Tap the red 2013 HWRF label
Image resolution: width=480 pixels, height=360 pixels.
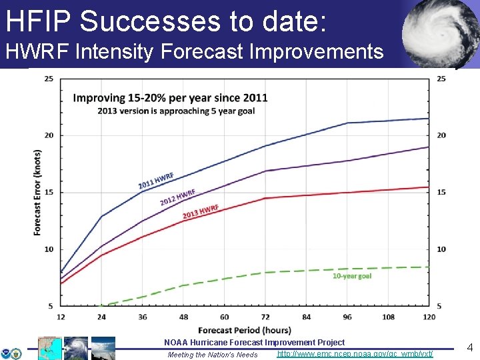click(x=201, y=212)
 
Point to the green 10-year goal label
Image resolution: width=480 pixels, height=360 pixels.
click(x=352, y=275)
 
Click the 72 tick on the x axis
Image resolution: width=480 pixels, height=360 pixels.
click(x=265, y=317)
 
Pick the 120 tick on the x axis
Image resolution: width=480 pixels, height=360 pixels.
click(x=429, y=317)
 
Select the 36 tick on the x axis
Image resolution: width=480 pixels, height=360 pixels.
click(x=143, y=317)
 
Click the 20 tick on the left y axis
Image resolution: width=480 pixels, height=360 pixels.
click(x=49, y=135)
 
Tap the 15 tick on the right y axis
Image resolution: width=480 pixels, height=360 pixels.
click(x=441, y=192)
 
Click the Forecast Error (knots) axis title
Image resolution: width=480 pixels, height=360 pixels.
click(x=37, y=192)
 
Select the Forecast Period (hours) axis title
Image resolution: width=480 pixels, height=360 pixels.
click(x=244, y=330)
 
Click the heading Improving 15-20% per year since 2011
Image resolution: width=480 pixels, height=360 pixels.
click(x=170, y=97)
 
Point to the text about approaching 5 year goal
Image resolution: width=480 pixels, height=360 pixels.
click(x=176, y=111)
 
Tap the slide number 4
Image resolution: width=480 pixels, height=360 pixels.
click(x=469, y=347)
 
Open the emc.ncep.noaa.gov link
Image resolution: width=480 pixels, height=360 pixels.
click(x=355, y=353)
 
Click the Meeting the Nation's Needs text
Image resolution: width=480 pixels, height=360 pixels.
click(x=213, y=355)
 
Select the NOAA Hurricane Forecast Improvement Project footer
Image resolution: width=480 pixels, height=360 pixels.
click(x=254, y=342)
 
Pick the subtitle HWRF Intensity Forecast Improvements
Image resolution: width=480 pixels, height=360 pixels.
click(x=195, y=51)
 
